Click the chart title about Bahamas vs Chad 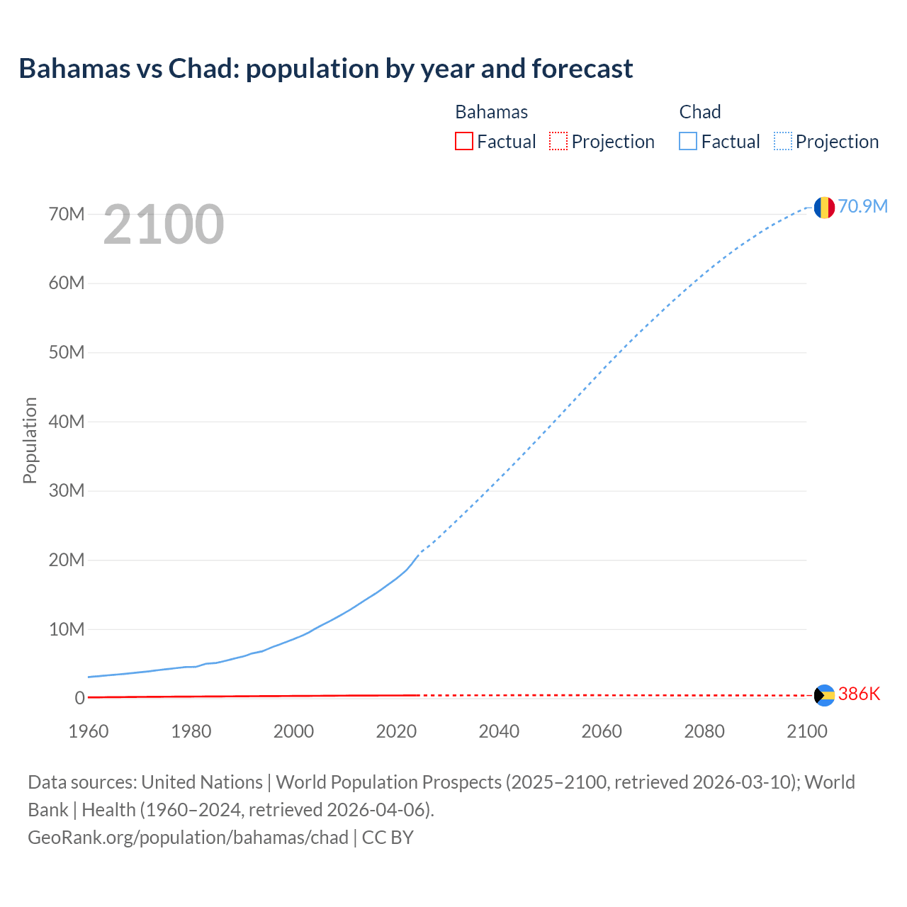(326, 69)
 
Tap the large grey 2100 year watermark (164, 225)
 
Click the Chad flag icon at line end (824, 207)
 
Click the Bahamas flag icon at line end (824, 695)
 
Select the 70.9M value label (862, 206)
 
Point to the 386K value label (859, 694)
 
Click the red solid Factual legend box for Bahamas (464, 142)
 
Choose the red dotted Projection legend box (558, 142)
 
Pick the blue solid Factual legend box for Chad (688, 142)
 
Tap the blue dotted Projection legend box (783, 142)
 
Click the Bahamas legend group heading (491, 112)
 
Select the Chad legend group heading (700, 112)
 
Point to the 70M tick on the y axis (67, 214)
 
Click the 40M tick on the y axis (67, 422)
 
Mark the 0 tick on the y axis (79, 699)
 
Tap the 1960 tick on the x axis (89, 731)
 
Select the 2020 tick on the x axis (396, 731)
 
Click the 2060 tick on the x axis (602, 731)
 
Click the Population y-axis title (30, 440)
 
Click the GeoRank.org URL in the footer (188, 838)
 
